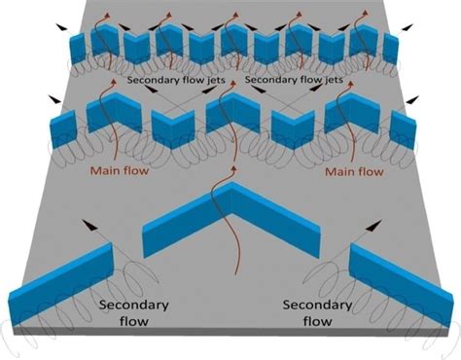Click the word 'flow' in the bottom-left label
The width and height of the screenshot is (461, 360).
tap(132, 321)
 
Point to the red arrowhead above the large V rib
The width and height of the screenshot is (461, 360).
tap(231, 172)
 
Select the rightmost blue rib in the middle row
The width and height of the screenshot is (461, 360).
tap(402, 128)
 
